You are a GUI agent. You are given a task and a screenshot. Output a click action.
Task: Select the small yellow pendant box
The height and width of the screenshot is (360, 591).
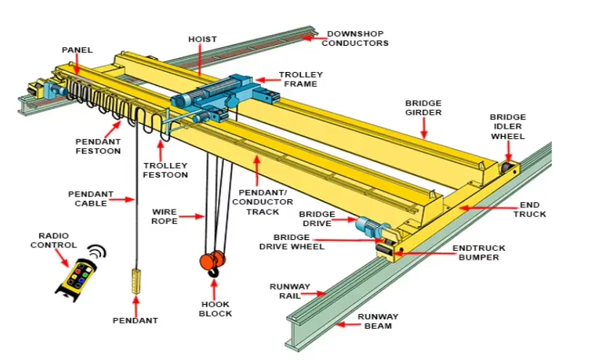[x=135, y=281]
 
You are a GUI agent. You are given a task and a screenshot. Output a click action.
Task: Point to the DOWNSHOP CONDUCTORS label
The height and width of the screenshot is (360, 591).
[x=355, y=39]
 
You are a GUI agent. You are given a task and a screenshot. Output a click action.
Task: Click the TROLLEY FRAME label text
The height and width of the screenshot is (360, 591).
[x=300, y=79]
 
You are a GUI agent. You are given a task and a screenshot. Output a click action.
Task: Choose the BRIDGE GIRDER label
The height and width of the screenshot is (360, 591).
[x=424, y=108]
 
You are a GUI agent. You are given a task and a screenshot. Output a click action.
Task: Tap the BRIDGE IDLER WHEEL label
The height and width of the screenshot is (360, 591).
[x=507, y=126]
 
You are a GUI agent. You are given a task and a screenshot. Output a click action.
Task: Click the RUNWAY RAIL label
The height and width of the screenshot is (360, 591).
[x=290, y=291]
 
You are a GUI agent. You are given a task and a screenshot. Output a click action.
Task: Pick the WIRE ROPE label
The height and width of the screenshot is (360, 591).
[x=164, y=216]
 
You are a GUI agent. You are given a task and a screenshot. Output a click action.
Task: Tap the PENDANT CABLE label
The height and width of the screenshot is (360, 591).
[x=91, y=199]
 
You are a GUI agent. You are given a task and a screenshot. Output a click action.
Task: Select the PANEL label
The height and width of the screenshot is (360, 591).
[x=76, y=49]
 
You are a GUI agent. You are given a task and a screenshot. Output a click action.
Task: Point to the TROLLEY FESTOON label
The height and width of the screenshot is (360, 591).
[x=165, y=169]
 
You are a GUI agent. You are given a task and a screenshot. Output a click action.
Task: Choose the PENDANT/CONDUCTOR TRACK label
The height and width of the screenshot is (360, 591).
[x=258, y=201]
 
